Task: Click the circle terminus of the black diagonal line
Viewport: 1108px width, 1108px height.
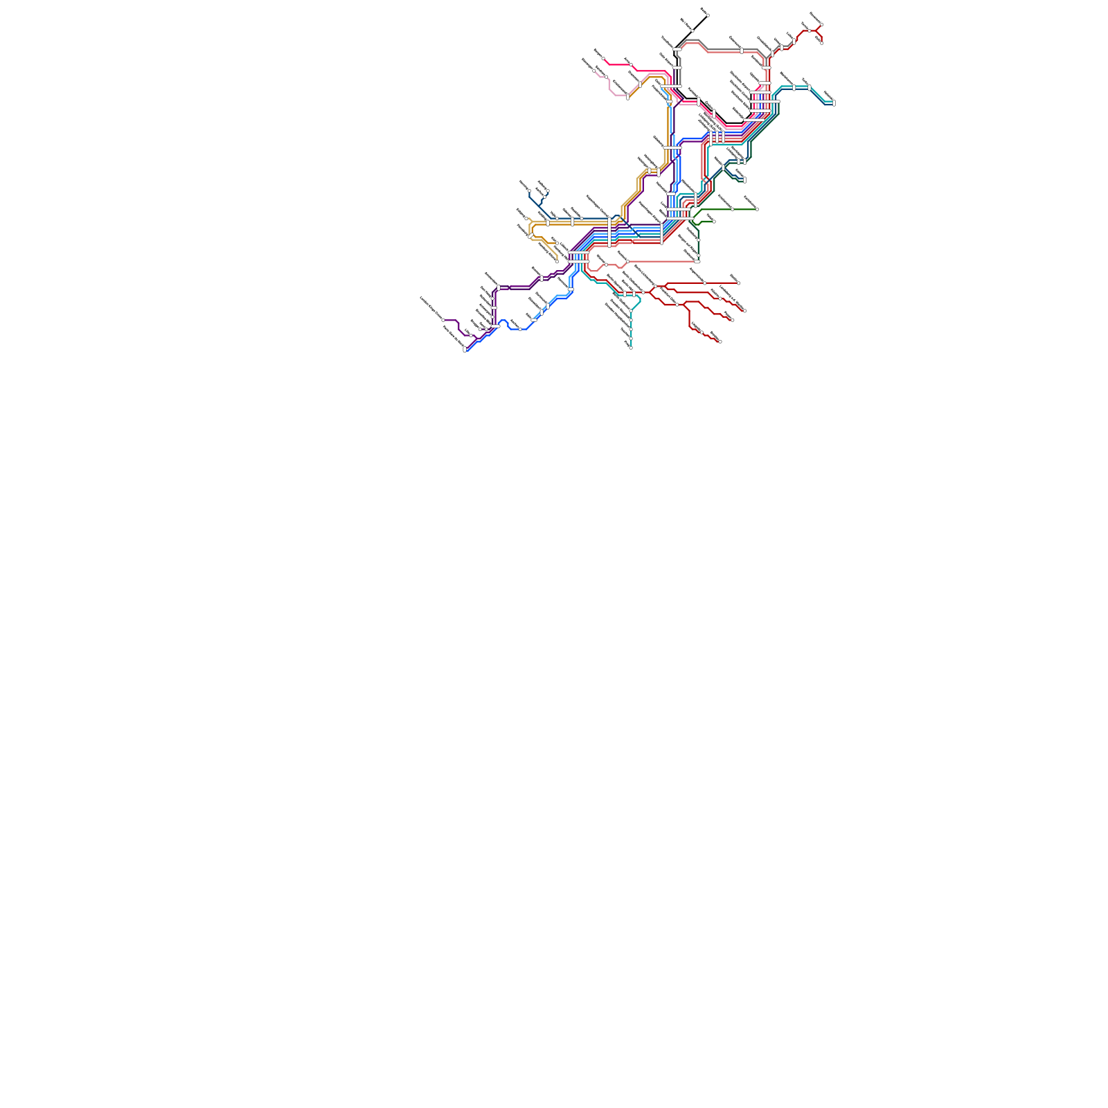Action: pos(707,15)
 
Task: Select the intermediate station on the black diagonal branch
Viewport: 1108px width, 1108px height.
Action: pos(692,30)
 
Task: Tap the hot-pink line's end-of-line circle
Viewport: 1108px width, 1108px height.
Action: pos(603,59)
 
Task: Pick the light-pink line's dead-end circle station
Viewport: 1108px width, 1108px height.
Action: pos(594,71)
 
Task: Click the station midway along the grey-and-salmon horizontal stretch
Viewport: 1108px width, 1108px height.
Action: pos(742,50)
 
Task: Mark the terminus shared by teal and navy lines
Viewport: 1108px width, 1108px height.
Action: pos(833,103)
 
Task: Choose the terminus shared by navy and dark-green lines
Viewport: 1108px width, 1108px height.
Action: pos(744,180)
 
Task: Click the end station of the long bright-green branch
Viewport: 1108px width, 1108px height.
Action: pos(756,209)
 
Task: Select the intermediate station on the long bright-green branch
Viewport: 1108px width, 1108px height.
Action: pos(732,209)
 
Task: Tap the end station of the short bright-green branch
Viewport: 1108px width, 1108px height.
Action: pos(713,222)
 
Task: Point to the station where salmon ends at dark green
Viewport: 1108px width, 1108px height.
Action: pos(697,261)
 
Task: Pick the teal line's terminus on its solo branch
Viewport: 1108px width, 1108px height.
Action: pos(631,348)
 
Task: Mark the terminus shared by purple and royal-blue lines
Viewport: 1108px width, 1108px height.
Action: pos(465,350)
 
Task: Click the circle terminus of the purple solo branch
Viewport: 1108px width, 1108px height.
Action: pos(444,320)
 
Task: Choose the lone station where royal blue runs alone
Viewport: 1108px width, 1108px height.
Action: pos(520,329)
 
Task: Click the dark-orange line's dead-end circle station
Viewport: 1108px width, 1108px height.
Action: pos(557,261)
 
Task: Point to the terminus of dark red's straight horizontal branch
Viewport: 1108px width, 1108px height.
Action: pos(738,283)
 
